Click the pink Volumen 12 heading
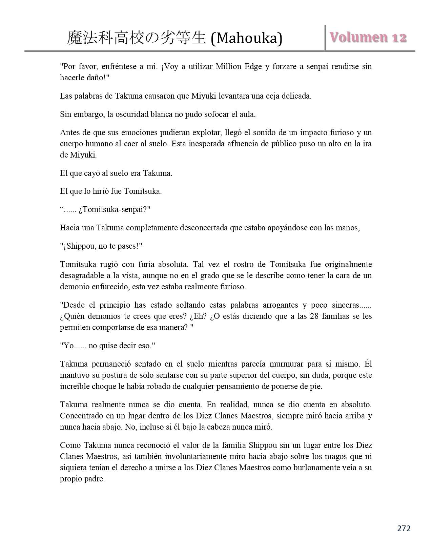368,38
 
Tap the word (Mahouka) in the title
246,38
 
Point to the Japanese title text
137,38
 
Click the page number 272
404,528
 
